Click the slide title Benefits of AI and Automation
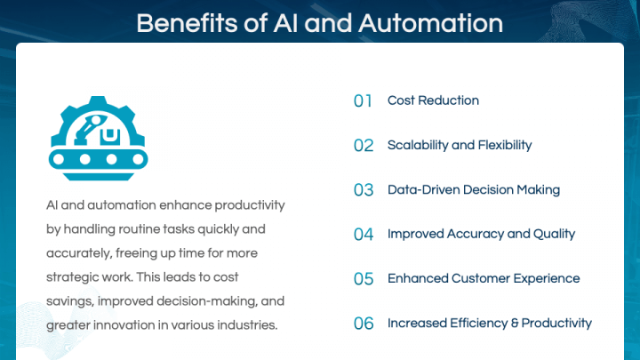pyautogui.click(x=319, y=22)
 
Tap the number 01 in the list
pyautogui.click(x=363, y=101)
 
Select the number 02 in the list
pyautogui.click(x=363, y=146)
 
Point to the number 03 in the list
pyautogui.click(x=363, y=190)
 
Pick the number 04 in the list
pyautogui.click(x=363, y=235)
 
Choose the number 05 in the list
pyautogui.click(x=363, y=279)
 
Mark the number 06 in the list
pyautogui.click(x=363, y=324)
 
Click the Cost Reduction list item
pyautogui.click(x=433, y=100)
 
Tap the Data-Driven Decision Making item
pyautogui.click(x=474, y=189)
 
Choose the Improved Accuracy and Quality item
pyautogui.click(x=481, y=234)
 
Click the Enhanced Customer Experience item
pyautogui.click(x=484, y=278)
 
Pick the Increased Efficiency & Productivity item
pyautogui.click(x=490, y=323)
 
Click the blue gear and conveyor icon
pyautogui.click(x=97, y=132)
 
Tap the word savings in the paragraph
pyautogui.click(x=68, y=301)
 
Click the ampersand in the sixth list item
pyautogui.click(x=514, y=323)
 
